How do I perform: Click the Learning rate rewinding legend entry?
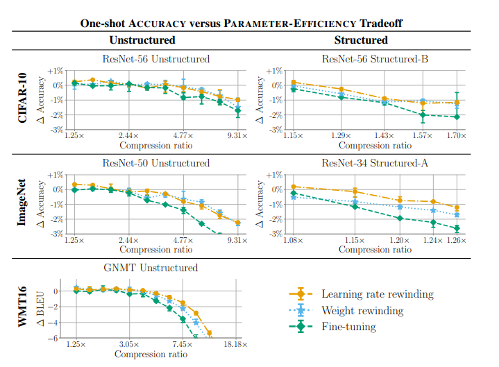(x=378, y=294)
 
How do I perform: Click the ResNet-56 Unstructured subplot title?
(x=155, y=59)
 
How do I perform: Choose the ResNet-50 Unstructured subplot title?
(x=155, y=163)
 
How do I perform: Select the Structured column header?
(x=360, y=40)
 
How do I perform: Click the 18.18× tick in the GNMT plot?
(x=237, y=344)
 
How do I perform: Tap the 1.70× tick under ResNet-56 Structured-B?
(x=456, y=136)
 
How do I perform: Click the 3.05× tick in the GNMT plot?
(x=130, y=344)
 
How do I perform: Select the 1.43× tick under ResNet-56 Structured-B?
(x=384, y=136)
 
